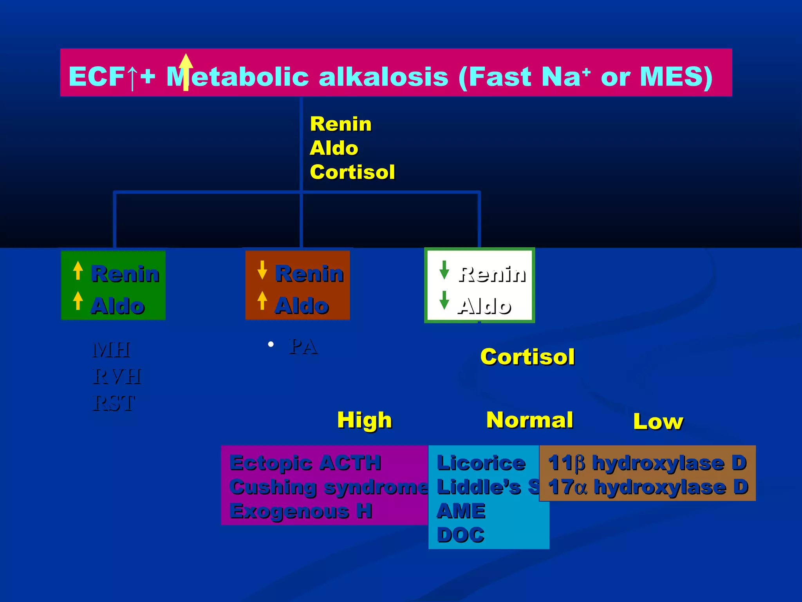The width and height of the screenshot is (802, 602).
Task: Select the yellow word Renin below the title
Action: (340, 124)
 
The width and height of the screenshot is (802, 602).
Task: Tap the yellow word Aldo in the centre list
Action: (334, 148)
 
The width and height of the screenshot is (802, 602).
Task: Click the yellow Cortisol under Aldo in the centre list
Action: (352, 172)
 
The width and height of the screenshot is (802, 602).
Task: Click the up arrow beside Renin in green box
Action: (78, 270)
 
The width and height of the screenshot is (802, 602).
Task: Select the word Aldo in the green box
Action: (117, 306)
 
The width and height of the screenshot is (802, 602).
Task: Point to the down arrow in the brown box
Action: (262, 270)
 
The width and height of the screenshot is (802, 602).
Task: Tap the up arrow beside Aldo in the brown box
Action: (262, 301)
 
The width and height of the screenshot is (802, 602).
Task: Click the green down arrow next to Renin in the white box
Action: (444, 270)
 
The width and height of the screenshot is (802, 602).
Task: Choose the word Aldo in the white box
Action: (485, 306)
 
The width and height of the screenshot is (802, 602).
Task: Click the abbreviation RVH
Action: (116, 377)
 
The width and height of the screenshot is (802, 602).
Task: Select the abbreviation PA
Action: (303, 347)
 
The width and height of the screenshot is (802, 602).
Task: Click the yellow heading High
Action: (364, 420)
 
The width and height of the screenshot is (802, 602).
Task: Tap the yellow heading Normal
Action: (529, 420)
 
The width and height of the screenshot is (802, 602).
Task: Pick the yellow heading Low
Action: (658, 422)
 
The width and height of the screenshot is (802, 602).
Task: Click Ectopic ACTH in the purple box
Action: (305, 463)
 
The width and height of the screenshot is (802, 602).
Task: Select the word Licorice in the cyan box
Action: (481, 463)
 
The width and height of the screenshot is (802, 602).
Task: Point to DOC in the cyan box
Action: (461, 535)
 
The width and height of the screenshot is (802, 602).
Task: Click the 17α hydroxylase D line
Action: (648, 487)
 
